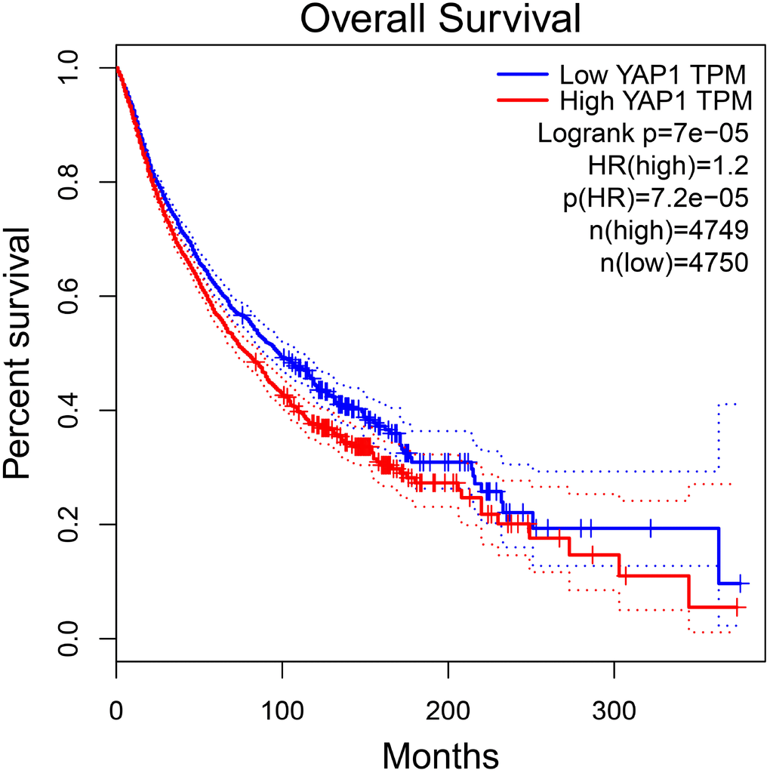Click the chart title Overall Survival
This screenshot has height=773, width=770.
[x=440, y=20]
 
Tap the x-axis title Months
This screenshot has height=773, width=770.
[x=440, y=753]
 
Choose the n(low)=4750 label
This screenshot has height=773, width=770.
[x=664, y=263]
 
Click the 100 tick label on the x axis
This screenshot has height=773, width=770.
[x=282, y=711]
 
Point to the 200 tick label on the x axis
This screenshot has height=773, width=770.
[x=448, y=711]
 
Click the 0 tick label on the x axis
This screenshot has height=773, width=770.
[x=116, y=711]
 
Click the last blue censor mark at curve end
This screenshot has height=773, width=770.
[x=742, y=584]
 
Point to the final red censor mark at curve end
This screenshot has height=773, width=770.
[x=736, y=607]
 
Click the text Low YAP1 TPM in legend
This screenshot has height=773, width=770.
[x=653, y=74]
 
